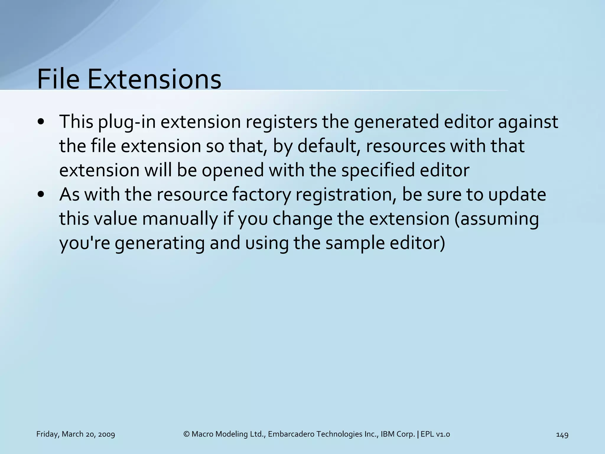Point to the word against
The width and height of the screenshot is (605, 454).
pyautogui.click(x=528, y=122)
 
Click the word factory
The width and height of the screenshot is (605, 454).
pyautogui.click(x=262, y=195)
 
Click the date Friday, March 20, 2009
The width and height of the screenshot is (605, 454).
pyautogui.click(x=76, y=434)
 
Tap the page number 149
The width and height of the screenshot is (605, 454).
pyautogui.click(x=562, y=434)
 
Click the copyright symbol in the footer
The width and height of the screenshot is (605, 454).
pyautogui.click(x=186, y=434)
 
